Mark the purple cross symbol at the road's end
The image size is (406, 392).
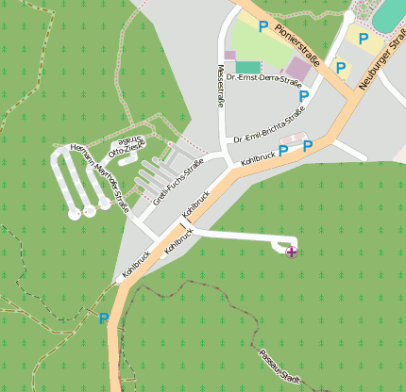pyautogui.click(x=291, y=252)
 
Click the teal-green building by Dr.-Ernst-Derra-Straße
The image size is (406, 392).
pyautogui.click(x=247, y=67)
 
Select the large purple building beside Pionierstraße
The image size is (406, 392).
pyautogui.click(x=298, y=68)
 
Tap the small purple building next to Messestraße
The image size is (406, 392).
pyautogui.click(x=229, y=55)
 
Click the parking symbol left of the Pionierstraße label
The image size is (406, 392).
pyautogui.click(x=263, y=27)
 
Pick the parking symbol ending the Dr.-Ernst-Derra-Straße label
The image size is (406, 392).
pyautogui.click(x=304, y=96)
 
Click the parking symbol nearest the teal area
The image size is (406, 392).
pyautogui.click(x=363, y=38)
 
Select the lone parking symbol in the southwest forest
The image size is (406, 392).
pyautogui.click(x=104, y=318)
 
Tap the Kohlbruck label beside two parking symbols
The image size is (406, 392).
pyautogui.click(x=258, y=155)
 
